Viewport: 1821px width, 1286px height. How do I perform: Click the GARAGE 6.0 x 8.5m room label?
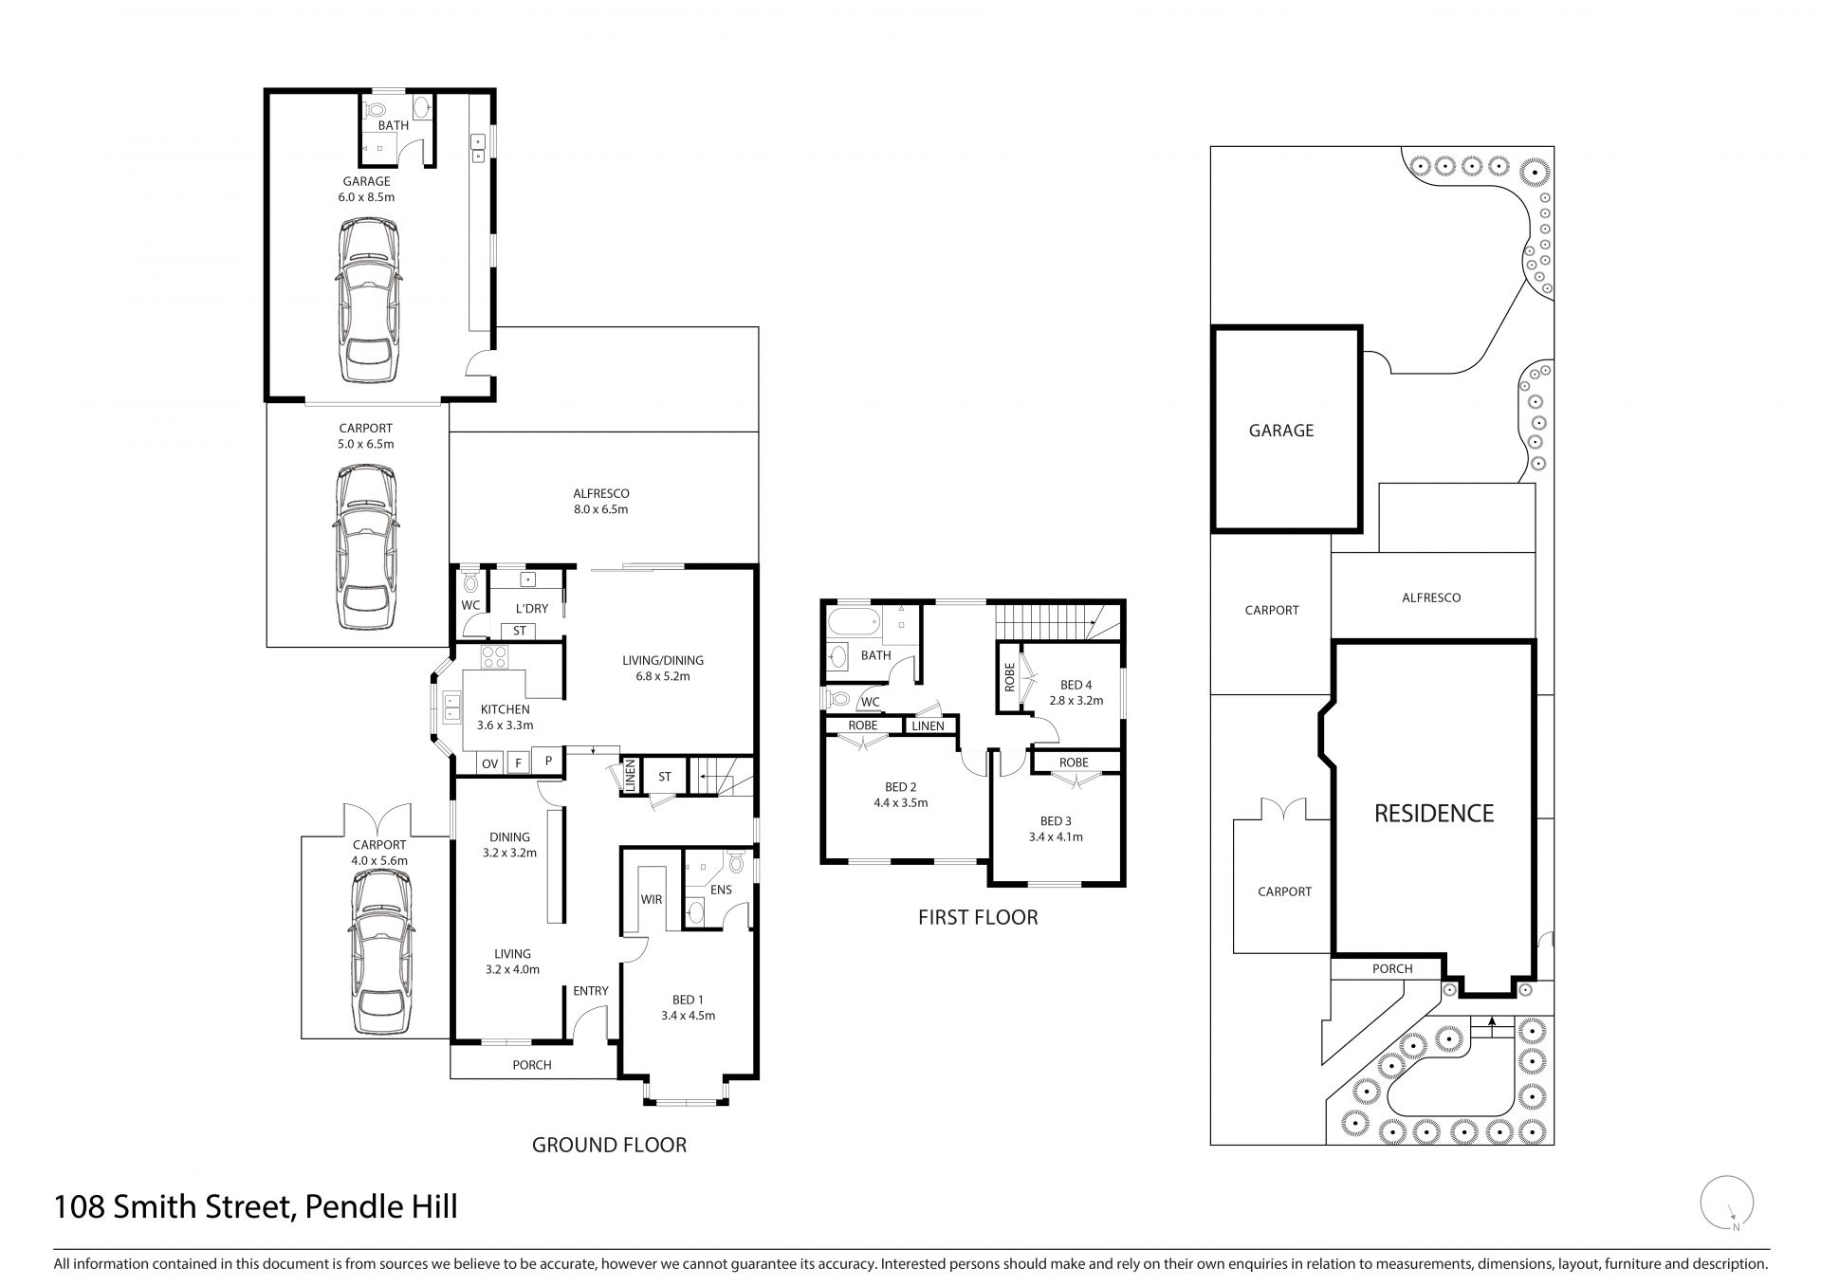click(367, 190)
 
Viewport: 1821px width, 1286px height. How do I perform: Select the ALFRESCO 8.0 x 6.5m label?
click(601, 502)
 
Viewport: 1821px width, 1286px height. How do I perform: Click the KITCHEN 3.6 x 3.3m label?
click(505, 717)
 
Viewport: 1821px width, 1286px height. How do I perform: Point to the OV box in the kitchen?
click(490, 763)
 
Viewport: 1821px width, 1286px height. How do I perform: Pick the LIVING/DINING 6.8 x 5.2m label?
click(663, 669)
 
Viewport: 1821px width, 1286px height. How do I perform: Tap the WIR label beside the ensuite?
click(651, 899)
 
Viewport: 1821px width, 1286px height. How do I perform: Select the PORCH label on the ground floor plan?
click(532, 1065)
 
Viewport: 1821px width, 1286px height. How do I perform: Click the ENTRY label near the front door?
click(591, 991)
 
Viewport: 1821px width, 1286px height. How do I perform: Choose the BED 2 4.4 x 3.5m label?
click(900, 795)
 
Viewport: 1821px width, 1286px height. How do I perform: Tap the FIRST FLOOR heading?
click(978, 917)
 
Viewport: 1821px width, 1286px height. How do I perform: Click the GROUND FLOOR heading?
click(609, 1145)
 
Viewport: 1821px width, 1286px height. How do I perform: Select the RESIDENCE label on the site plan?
click(1434, 813)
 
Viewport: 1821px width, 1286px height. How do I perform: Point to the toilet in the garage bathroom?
click(376, 108)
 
